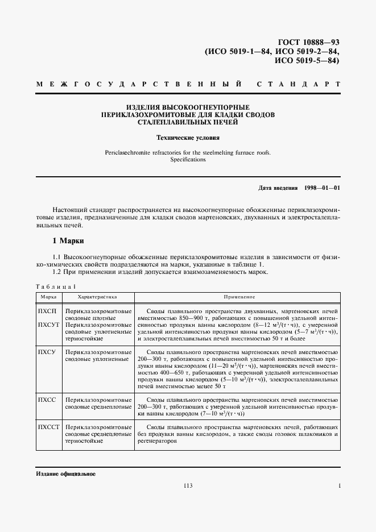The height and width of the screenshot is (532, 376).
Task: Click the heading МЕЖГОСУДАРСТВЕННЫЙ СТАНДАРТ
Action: pyautogui.click(x=188, y=84)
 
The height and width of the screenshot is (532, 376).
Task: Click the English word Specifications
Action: pyautogui.click(x=188, y=160)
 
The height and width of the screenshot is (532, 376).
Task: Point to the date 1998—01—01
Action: pyautogui.click(x=321, y=188)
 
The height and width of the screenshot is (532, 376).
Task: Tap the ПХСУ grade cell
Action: pyautogui.click(x=46, y=353)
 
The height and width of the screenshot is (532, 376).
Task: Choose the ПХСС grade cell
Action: pyautogui.click(x=46, y=400)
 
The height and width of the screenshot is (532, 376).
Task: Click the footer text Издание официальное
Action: pyautogui.click(x=65, y=473)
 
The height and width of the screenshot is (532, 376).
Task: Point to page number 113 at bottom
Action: pyautogui.click(x=188, y=485)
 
